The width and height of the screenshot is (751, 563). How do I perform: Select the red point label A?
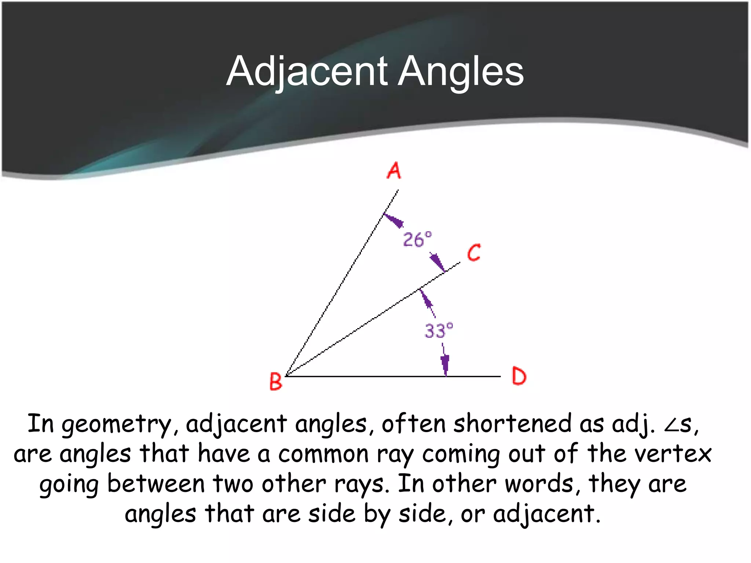pyautogui.click(x=394, y=170)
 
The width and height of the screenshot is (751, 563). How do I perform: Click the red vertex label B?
pyautogui.click(x=276, y=381)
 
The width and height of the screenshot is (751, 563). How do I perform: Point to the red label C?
pyautogui.click(x=474, y=253)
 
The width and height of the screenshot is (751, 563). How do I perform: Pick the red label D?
pyautogui.click(x=519, y=376)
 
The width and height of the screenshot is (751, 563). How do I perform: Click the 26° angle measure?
pyautogui.click(x=417, y=240)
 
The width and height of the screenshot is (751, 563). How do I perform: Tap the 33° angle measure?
pyautogui.click(x=439, y=330)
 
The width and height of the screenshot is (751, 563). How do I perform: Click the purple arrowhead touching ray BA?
pyautogui.click(x=393, y=220)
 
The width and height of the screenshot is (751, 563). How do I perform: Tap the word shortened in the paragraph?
pyautogui.click(x=512, y=424)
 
